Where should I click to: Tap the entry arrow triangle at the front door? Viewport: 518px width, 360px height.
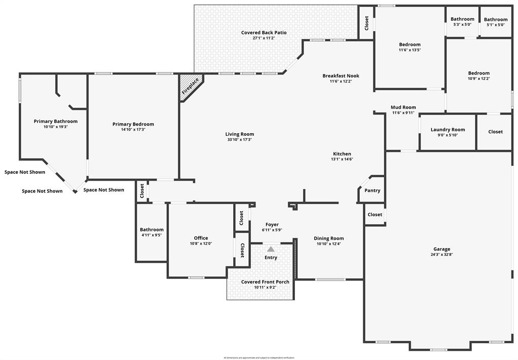[271, 249]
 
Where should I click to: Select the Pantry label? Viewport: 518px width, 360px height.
[372, 191]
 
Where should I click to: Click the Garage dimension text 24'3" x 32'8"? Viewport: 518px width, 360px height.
[442, 255]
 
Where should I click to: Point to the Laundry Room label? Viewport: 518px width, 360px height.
[448, 130]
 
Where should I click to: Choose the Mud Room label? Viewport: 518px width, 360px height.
[403, 107]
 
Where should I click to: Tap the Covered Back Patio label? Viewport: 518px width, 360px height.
[264, 33]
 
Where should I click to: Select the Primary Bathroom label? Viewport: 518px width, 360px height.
[56, 122]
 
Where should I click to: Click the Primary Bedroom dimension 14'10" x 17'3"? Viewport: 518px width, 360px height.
[133, 130]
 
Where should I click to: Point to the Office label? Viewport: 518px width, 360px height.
[201, 238]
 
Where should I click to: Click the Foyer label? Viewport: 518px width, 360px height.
[272, 224]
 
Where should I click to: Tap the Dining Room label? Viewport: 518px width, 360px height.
[329, 238]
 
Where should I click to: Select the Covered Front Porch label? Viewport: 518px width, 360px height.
[265, 282]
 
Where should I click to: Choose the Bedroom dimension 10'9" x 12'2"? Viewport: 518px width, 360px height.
[479, 78]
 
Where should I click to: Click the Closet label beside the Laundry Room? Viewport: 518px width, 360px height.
[495, 132]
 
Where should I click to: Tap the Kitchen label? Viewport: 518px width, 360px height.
[342, 154]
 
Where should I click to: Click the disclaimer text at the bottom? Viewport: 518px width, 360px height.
[259, 357]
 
